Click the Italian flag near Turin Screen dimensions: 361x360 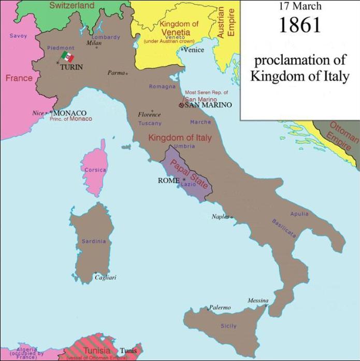click(67, 57)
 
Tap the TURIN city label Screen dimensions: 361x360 click(71, 67)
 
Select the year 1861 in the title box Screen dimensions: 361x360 click(300, 25)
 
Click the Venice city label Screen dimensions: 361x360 click(195, 50)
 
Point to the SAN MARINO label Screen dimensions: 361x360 click(208, 105)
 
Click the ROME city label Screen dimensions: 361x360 click(169, 180)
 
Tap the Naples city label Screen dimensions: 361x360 click(220, 217)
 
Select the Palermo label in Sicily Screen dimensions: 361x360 click(220, 308)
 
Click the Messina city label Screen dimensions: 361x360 click(258, 301)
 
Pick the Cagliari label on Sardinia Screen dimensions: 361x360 click(106, 277)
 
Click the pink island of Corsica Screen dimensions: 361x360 click(95, 169)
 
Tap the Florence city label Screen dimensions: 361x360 click(149, 115)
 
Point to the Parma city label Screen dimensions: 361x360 click(116, 73)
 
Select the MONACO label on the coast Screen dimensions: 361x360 click(69, 113)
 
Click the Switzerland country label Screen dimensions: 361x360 click(72, 6)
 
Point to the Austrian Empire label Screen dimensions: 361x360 click(226, 21)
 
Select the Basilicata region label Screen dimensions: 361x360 click(284, 228)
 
